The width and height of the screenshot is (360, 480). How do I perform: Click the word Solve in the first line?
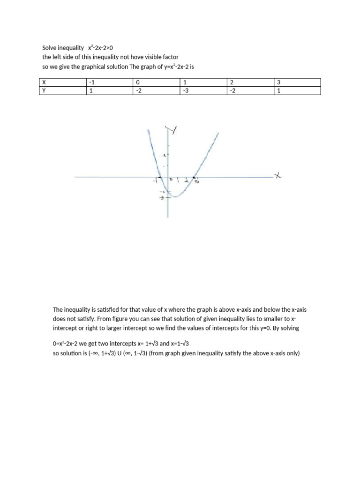[50, 48]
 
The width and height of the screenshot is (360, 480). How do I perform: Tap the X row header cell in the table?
[45, 82]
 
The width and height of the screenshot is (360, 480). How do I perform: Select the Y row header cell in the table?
[45, 91]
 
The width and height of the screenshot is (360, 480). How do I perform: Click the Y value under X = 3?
[279, 91]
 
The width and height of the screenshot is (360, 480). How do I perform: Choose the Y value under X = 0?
[138, 91]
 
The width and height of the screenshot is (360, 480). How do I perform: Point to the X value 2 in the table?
[231, 82]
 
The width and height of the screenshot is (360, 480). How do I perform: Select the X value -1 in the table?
[91, 82]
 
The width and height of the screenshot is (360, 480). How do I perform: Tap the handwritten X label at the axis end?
[278, 176]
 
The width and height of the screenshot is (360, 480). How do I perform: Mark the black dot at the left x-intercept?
[160, 177]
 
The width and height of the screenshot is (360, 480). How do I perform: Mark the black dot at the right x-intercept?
[195, 177]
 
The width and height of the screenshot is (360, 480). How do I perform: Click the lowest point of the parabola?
[175, 197]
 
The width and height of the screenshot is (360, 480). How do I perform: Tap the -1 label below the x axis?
[155, 182]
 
